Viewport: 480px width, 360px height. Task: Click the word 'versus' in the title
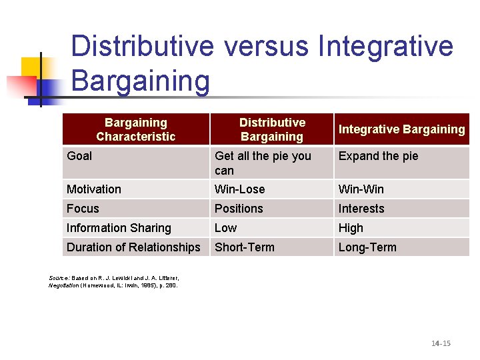click(267, 47)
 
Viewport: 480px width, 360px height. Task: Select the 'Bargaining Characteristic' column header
click(135, 129)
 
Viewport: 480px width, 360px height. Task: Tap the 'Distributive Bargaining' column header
click(272, 129)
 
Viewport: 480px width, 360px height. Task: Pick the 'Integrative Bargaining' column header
click(401, 129)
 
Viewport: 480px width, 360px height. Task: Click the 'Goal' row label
click(79, 156)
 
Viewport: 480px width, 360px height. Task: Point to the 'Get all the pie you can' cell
click(263, 163)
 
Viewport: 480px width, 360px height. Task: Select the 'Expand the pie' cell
click(378, 156)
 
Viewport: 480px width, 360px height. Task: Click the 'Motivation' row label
click(94, 189)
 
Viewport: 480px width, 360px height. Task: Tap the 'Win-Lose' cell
click(239, 189)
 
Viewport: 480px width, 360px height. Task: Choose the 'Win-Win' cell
click(361, 189)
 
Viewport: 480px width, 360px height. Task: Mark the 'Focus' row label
click(83, 209)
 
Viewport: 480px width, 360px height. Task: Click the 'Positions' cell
click(239, 209)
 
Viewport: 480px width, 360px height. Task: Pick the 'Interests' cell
click(361, 209)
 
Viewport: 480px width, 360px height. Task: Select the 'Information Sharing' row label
click(119, 228)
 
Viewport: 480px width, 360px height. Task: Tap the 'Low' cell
click(225, 228)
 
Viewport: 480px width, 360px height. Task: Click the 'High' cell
click(351, 228)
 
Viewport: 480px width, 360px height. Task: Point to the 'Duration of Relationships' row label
click(133, 247)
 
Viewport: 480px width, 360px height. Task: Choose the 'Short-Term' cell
click(244, 247)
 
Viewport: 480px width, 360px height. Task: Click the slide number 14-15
click(441, 343)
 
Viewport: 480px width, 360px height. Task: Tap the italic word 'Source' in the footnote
click(59, 277)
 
